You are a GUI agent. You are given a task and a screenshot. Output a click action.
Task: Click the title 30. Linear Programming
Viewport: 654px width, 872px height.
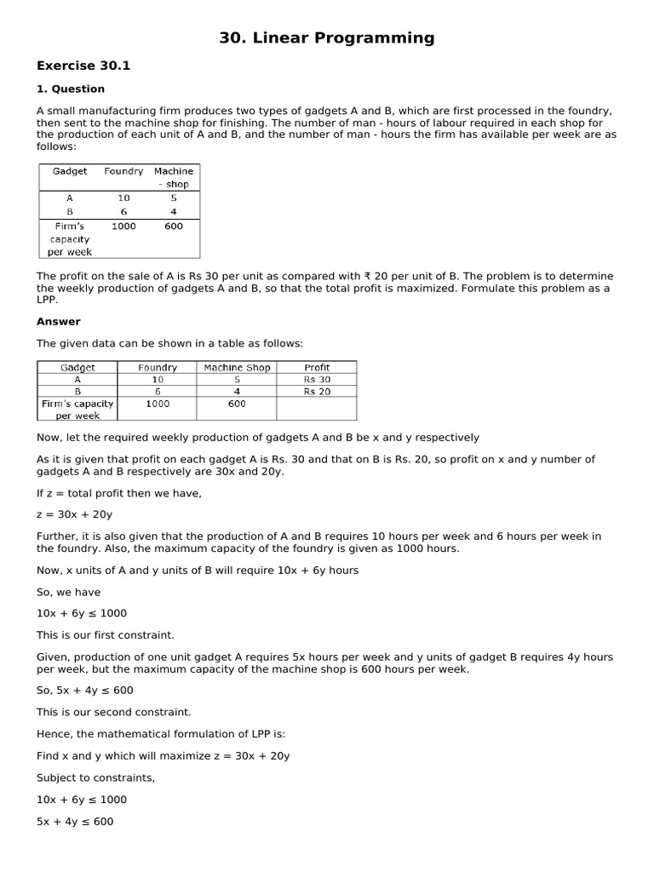(327, 37)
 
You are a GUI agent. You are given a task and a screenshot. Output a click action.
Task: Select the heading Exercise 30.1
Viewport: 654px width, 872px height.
(83, 66)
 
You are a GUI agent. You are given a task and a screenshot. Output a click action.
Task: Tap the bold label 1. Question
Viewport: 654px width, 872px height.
(70, 89)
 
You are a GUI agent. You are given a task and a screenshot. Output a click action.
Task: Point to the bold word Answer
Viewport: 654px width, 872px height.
(58, 321)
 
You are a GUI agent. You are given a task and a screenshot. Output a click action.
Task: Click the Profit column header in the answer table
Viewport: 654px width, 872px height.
(317, 368)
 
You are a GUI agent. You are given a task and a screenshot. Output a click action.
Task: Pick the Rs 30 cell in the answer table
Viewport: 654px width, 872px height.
(317, 380)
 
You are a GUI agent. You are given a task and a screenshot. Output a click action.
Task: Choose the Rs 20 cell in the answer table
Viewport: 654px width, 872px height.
(317, 392)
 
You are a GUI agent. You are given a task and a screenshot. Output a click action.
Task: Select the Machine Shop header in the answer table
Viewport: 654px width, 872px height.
(237, 368)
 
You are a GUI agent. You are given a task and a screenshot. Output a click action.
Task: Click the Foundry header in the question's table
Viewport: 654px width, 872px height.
(123, 171)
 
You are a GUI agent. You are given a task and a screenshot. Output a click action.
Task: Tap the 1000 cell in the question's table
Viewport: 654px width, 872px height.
(123, 227)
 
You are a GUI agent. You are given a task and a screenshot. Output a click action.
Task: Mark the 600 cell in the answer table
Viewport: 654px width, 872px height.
(237, 404)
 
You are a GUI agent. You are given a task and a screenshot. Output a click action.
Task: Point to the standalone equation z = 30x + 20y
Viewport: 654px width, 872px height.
(75, 514)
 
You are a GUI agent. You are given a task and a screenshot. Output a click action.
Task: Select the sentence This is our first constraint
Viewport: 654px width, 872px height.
(105, 635)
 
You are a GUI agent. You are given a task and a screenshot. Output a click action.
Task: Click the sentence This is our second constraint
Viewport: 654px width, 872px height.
(113, 712)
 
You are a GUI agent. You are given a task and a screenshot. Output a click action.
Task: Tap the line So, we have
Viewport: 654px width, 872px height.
(68, 592)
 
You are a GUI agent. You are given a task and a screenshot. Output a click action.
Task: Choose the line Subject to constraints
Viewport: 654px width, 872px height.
(95, 778)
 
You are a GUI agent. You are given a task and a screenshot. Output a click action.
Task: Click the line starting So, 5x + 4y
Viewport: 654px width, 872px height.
(84, 690)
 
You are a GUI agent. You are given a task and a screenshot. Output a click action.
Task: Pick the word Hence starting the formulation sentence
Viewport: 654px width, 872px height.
(53, 734)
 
